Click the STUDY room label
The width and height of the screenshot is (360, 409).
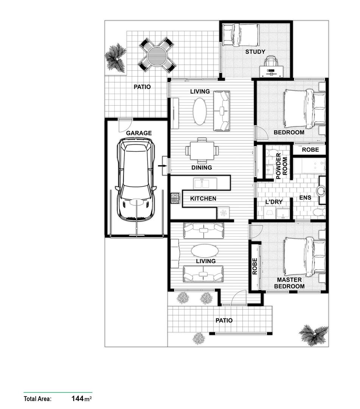click(255, 52)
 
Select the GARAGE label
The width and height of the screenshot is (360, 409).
click(139, 133)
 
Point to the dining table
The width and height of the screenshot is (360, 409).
click(202, 151)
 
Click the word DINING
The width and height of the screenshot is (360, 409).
click(201, 167)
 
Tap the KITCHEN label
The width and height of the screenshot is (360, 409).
click(203, 198)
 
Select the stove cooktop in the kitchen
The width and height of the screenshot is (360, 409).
click(176, 198)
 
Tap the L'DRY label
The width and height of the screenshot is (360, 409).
click(274, 202)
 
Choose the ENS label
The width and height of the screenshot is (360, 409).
click(305, 198)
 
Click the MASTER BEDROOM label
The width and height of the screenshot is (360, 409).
click(289, 283)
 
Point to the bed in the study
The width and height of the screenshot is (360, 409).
click(240, 34)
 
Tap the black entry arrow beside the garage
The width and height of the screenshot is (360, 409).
click(163, 165)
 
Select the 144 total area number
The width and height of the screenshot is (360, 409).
click(77, 398)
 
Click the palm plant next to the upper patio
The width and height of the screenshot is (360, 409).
click(115, 57)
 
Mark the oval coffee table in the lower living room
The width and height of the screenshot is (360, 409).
click(204, 251)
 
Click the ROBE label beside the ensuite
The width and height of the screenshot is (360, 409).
click(310, 150)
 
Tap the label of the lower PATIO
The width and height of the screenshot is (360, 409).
click(224, 320)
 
